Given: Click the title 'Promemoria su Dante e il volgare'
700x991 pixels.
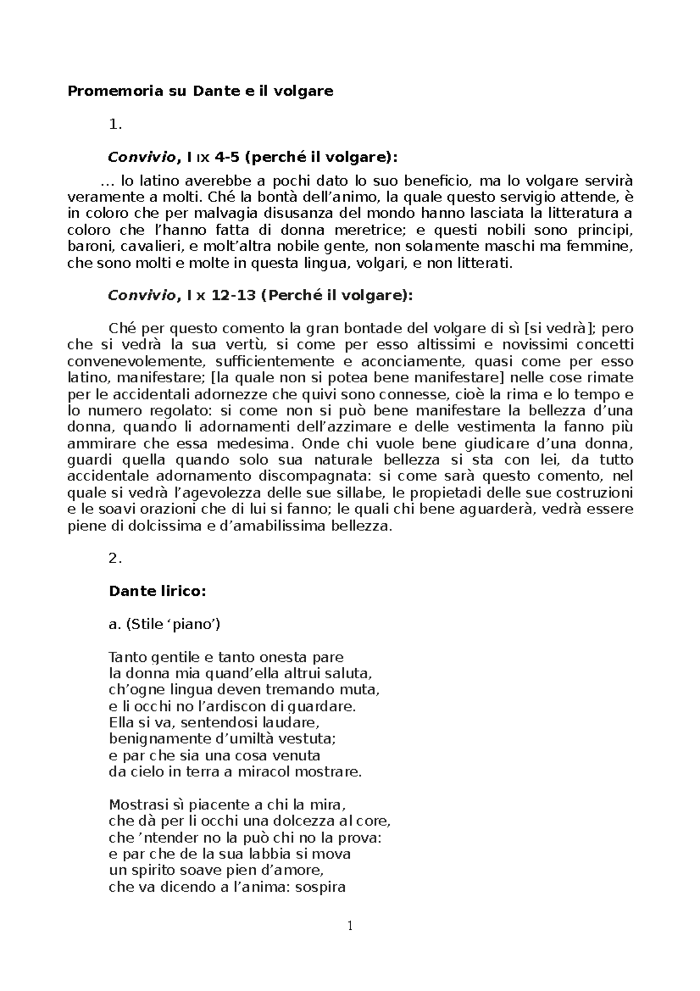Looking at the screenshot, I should pyautogui.click(x=200, y=91).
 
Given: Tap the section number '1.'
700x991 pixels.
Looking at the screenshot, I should pyautogui.click(x=116, y=124).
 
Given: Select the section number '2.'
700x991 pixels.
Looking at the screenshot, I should pyautogui.click(x=116, y=559).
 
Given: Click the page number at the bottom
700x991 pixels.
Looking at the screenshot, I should pyautogui.click(x=350, y=926).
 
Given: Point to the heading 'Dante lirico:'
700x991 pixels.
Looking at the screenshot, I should pyautogui.click(x=157, y=591).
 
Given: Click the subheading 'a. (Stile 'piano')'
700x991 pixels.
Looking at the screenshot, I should pyautogui.click(x=164, y=624).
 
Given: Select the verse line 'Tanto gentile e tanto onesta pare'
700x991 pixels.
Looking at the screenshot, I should pyautogui.click(x=226, y=657).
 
